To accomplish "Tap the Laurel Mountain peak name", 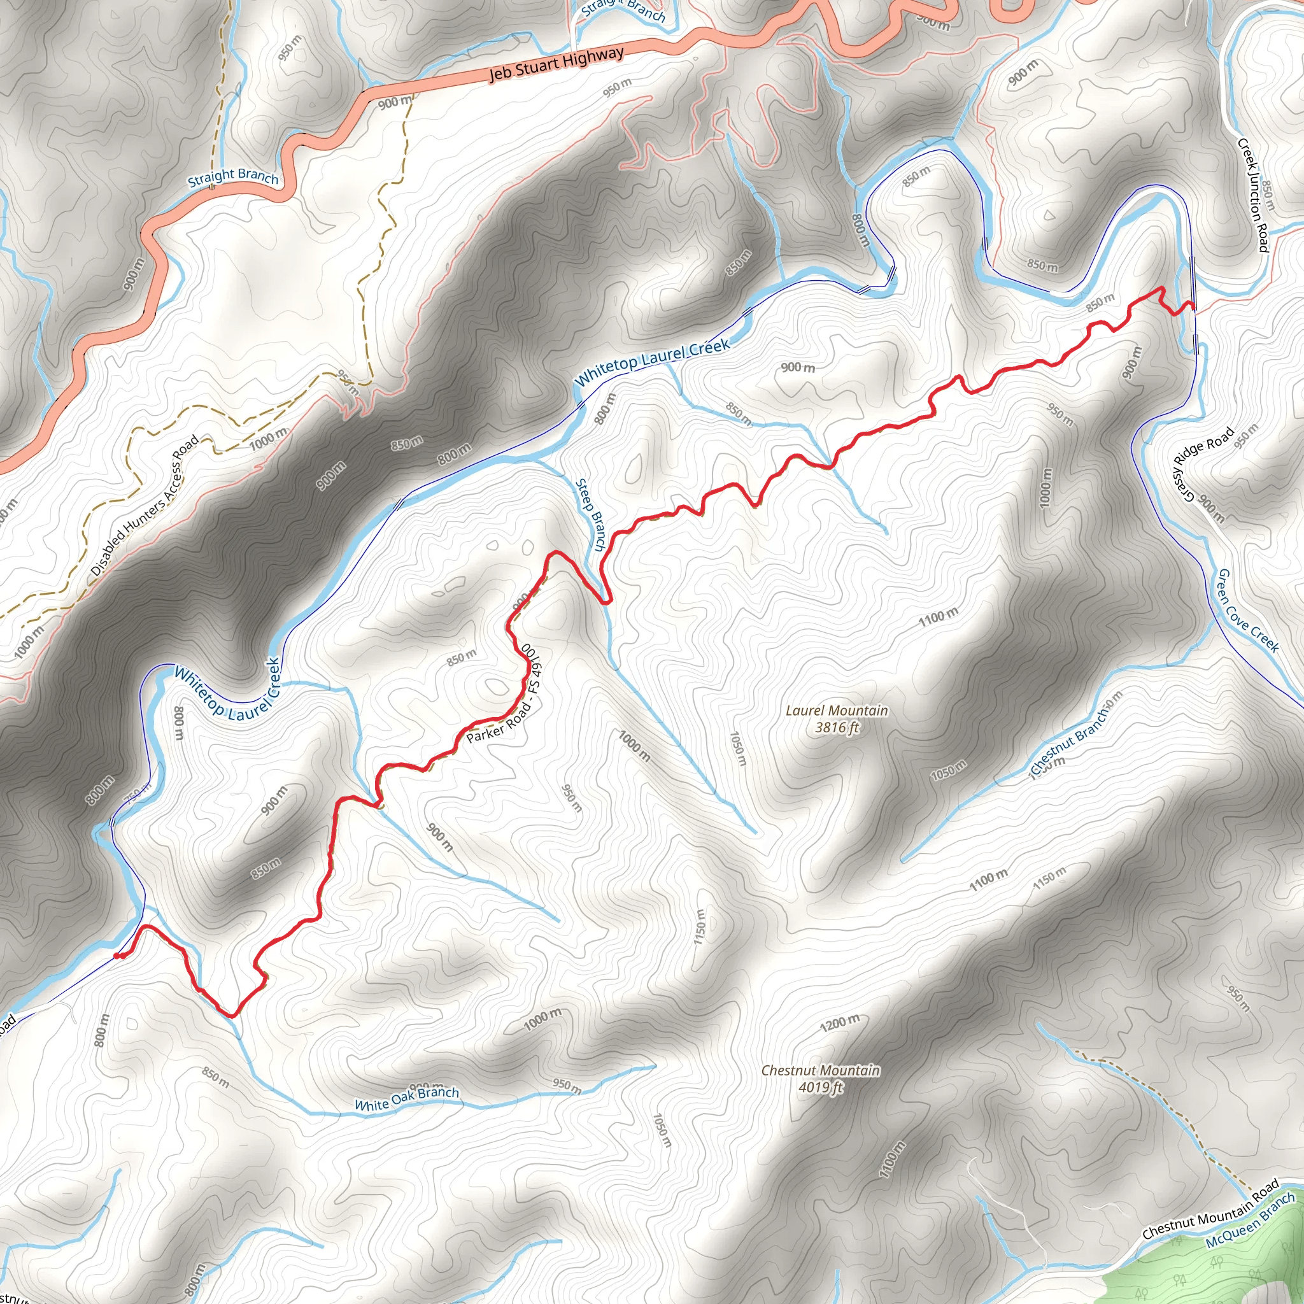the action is [x=837, y=711].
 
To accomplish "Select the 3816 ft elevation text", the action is [x=837, y=728].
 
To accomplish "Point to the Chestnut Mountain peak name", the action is [x=820, y=1070].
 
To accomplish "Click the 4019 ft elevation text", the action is [x=820, y=1088].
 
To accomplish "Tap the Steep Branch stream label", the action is [x=592, y=514].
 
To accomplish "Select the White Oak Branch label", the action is [x=406, y=1098].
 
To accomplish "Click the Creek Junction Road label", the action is [x=1252, y=194].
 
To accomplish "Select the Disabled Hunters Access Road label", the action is [x=145, y=506].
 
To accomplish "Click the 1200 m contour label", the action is [x=840, y=1023].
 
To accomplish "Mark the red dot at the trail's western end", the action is [x=117, y=956].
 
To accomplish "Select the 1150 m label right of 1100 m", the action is [x=1049, y=877].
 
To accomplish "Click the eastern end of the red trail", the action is [x=1192, y=307].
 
